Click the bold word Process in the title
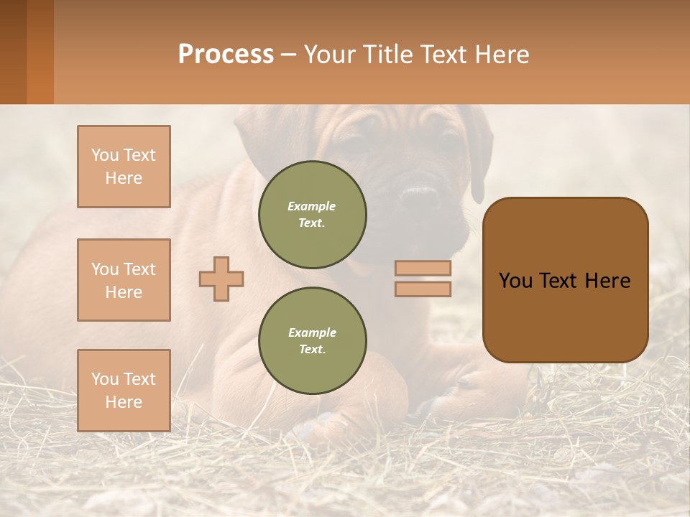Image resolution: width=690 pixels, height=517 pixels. point(226,54)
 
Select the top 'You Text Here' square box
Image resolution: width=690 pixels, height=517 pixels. point(124,167)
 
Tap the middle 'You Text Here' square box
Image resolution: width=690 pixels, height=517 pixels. point(124,280)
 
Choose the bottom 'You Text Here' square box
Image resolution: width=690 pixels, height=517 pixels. point(124,390)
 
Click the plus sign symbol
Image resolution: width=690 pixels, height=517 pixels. point(221,279)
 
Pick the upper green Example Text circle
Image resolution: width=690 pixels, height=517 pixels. point(312,214)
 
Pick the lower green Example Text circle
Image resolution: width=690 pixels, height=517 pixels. point(312,340)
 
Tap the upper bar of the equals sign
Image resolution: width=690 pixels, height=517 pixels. point(423,268)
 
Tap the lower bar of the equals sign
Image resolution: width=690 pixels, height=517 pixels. point(423,289)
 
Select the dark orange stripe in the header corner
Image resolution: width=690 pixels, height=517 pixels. point(40,52)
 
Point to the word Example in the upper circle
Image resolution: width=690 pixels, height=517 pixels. point(312,206)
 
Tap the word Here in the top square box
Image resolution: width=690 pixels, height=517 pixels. point(124,178)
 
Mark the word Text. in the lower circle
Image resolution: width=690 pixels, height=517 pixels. point(312,349)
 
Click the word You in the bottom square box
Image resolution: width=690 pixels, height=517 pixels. point(104,378)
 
